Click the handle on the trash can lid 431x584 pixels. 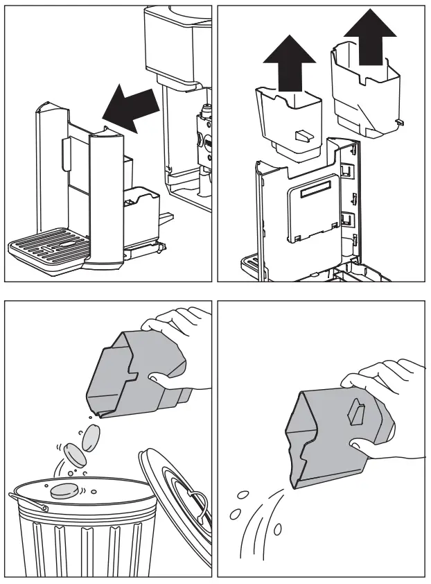(197, 500)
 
